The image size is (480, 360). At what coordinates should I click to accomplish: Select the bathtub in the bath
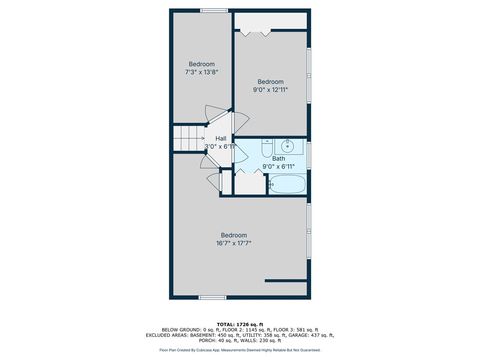[288, 184]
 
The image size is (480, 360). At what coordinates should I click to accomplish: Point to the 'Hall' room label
[220, 138]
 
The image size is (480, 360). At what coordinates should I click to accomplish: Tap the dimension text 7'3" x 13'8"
[202, 72]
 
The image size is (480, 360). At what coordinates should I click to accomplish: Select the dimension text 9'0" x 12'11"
[270, 89]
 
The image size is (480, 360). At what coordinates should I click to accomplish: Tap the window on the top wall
[213, 11]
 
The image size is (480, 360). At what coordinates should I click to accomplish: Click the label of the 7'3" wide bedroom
[202, 64]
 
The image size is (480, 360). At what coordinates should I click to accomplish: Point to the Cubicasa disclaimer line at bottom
[240, 350]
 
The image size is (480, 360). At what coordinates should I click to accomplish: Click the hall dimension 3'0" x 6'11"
[220, 146]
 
